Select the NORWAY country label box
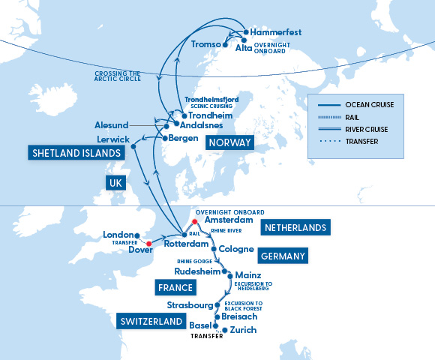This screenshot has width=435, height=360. coord(229,142)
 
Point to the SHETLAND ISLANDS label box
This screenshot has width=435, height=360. coord(76,153)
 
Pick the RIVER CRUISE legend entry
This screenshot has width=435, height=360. coord(359,129)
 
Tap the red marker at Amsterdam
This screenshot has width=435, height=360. coord(193,222)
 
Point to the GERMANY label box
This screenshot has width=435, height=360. coord(283,256)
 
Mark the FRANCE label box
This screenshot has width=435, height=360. coord(174,287)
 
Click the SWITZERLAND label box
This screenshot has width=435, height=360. coord(151,321)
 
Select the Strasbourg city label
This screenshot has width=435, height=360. coord(188,305)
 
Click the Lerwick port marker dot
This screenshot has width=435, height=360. coord(133,145)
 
